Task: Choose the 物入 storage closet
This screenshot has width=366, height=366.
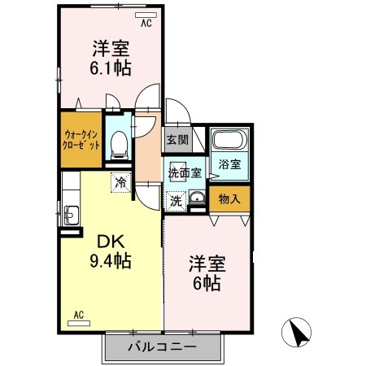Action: [230, 198]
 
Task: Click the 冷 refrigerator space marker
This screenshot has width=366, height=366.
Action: [120, 182]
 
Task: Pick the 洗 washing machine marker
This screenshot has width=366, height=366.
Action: [175, 198]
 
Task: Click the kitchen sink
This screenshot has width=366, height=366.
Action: [70, 216]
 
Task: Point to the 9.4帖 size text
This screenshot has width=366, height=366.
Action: [110, 262]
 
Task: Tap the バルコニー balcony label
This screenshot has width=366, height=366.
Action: [162, 348]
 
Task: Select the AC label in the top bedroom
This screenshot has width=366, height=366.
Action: [146, 24]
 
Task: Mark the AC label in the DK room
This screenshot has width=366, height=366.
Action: [79, 314]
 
